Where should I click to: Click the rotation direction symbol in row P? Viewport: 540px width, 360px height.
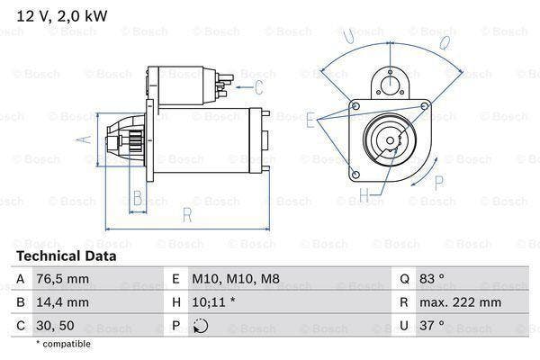(201, 326)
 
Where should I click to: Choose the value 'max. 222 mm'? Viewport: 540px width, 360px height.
(464, 303)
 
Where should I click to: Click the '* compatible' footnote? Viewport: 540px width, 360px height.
(64, 344)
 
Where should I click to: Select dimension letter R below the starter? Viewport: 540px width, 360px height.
(186, 215)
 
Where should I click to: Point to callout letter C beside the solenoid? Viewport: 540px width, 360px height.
(258, 87)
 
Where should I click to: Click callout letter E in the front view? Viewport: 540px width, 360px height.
(310, 119)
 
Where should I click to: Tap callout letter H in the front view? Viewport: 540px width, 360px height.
(364, 193)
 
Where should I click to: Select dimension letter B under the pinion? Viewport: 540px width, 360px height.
(138, 198)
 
